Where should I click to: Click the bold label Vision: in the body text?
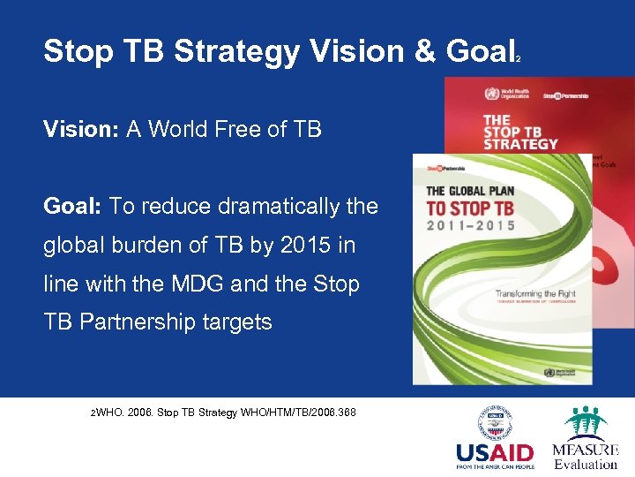[81, 130]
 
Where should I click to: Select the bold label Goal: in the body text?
[73, 206]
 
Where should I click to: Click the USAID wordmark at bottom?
[494, 454]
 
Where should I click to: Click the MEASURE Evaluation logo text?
[586, 456]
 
